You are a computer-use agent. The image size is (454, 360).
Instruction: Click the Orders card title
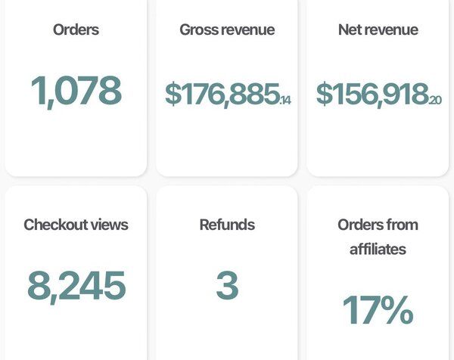(x=76, y=30)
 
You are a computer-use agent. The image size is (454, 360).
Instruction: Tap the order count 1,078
(x=76, y=90)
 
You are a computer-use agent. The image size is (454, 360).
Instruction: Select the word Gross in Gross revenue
(x=199, y=30)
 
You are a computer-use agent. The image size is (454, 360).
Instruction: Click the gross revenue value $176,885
(x=222, y=94)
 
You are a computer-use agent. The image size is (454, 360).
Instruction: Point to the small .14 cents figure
(x=286, y=99)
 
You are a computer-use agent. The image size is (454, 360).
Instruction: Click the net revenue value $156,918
(x=372, y=94)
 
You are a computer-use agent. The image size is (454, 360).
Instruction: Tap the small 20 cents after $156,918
(x=436, y=99)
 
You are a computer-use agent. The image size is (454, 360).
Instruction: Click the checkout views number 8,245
(x=76, y=285)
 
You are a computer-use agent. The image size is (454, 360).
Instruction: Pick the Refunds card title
(x=227, y=225)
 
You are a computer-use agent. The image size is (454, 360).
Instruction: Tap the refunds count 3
(x=227, y=285)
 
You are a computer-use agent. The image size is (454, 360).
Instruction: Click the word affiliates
(x=378, y=249)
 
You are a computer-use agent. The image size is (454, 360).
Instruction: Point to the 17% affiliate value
(x=378, y=309)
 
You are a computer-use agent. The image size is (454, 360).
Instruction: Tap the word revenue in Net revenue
(x=393, y=30)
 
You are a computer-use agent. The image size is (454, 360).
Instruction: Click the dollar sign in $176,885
(x=174, y=94)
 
